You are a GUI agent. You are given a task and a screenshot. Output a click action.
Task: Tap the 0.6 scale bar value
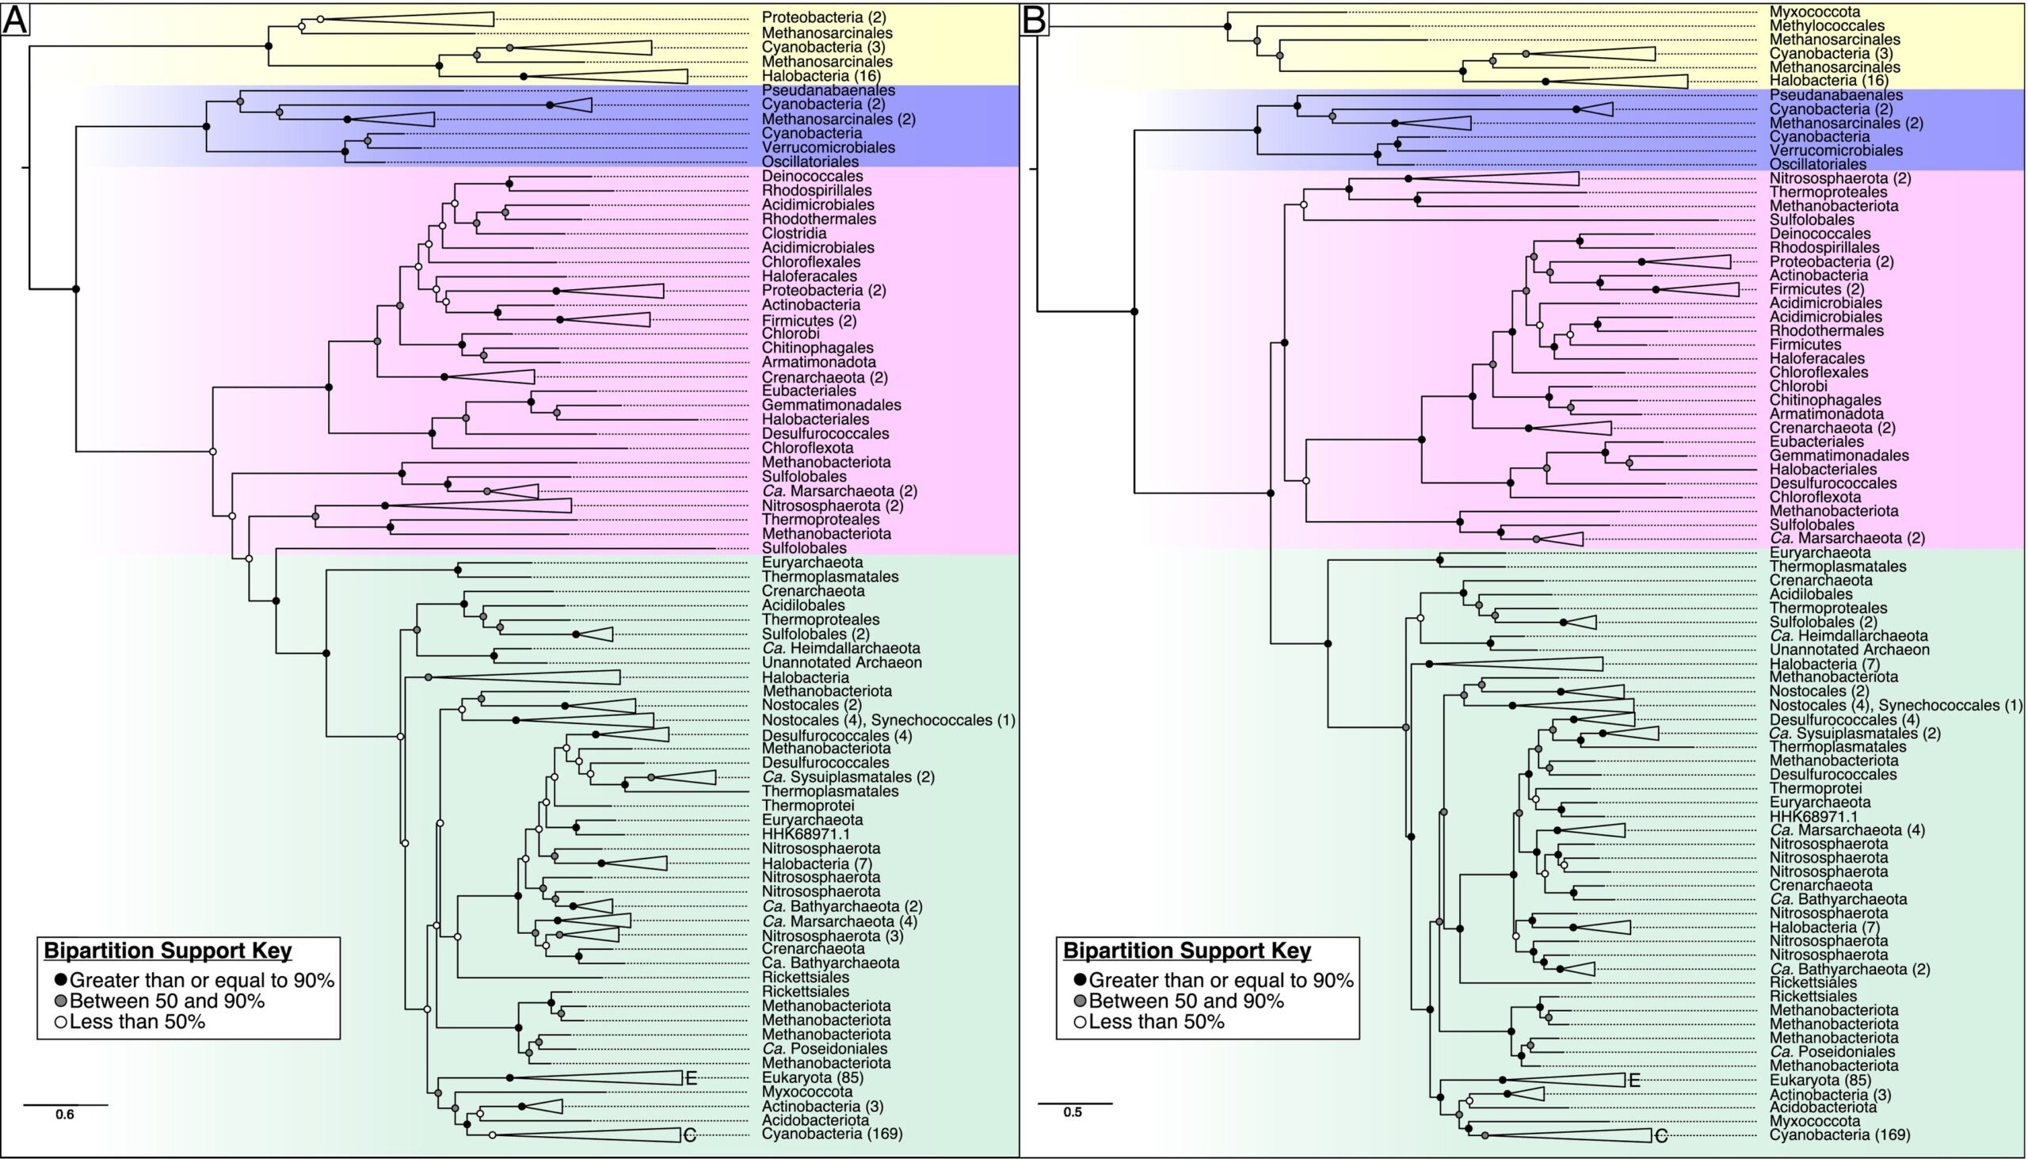tap(64, 1115)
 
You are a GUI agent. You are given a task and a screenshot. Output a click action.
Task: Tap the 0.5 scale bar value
tap(1073, 1112)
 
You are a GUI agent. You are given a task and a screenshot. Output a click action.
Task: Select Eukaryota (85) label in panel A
tap(813, 1078)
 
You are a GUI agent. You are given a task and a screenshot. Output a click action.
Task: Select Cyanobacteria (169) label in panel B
tap(1839, 1134)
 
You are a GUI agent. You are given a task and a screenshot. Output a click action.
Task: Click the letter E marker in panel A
tap(691, 1079)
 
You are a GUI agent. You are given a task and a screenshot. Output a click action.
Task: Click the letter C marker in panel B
tap(1660, 1136)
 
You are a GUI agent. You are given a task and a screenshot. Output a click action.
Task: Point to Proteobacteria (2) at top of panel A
tap(824, 17)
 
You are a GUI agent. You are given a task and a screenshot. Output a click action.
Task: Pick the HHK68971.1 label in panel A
tap(806, 834)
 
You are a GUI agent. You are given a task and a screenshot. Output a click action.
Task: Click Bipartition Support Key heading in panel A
tap(168, 951)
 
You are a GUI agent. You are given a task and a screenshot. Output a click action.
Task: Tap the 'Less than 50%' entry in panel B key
tap(1156, 1022)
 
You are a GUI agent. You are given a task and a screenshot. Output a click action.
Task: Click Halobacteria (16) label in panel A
tap(821, 76)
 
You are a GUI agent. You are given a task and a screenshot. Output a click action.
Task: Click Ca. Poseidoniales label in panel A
tap(825, 1048)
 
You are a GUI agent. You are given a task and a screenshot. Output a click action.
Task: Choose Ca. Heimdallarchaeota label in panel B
tap(1848, 636)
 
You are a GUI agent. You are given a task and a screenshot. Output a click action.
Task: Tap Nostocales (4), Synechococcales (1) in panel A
tap(888, 720)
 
